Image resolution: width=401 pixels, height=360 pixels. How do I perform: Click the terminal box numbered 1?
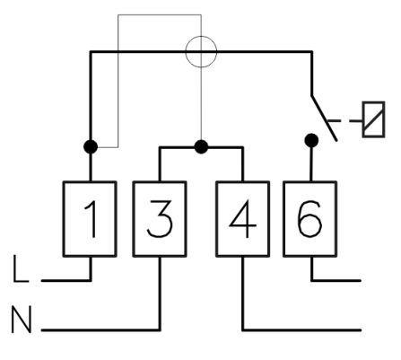90,219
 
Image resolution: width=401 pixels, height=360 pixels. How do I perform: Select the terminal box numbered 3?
160,219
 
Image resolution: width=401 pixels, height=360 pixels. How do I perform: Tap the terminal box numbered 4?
243,219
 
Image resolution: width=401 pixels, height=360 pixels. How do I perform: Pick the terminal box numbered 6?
310,219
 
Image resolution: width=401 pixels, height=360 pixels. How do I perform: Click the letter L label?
21,268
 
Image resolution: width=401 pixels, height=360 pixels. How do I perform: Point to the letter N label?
22,319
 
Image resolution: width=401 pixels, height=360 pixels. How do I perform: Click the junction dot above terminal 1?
91,147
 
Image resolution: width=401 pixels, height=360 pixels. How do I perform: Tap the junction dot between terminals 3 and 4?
201,147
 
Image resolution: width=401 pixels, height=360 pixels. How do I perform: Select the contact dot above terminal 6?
311,140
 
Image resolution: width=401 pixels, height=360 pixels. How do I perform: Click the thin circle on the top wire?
201,36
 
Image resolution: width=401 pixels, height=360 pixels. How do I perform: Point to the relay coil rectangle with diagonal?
373,119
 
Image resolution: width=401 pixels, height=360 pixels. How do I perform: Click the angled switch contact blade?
325,119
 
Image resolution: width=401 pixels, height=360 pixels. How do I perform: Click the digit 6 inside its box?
309,218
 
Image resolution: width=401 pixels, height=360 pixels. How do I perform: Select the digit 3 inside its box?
160,218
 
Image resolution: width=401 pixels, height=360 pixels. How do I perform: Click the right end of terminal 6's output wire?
361,281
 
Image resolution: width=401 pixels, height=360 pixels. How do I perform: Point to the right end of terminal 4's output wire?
361,330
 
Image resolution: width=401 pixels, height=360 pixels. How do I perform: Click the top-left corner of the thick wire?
91,52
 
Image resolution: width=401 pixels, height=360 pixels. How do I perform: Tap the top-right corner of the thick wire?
312,52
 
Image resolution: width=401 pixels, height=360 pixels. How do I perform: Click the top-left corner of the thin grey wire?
118,14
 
